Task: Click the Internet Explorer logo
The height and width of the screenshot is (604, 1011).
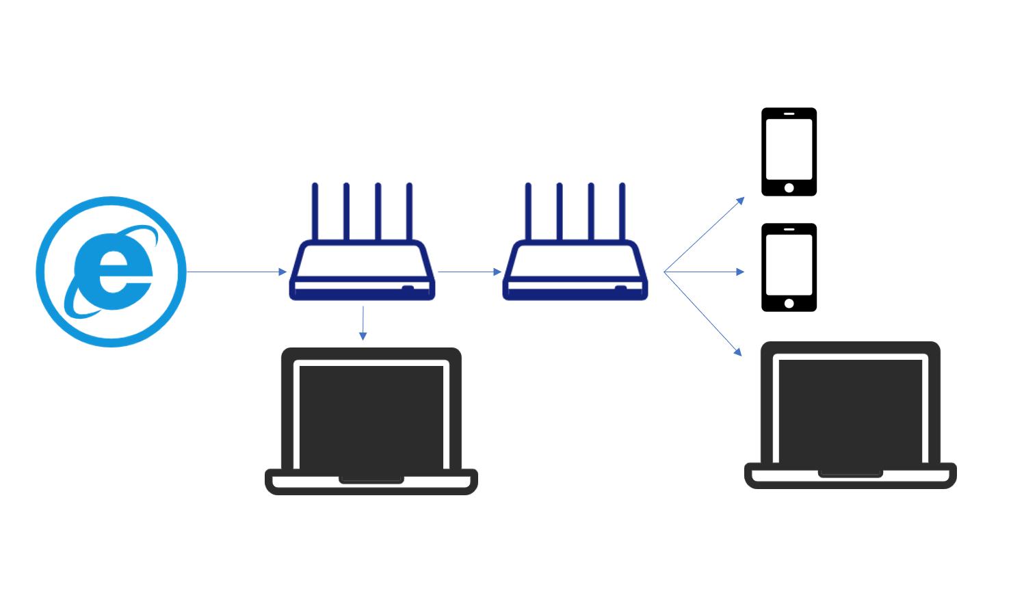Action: click(111, 272)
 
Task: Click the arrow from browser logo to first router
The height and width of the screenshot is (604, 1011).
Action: click(236, 272)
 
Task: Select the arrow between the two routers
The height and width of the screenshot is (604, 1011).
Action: click(469, 272)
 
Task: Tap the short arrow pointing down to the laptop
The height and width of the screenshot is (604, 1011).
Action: click(363, 323)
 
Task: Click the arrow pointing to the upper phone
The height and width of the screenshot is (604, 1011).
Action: click(705, 234)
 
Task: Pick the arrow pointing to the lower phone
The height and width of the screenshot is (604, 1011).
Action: click(705, 272)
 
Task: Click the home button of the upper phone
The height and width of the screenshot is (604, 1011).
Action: click(789, 187)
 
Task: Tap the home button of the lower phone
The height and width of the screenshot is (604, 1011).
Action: click(789, 303)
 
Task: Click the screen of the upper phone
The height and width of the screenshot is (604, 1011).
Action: click(789, 148)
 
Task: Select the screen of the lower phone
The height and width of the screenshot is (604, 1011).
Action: click(789, 264)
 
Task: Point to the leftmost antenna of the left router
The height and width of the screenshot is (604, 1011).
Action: click(315, 212)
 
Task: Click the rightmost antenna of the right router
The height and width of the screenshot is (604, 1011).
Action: click(622, 212)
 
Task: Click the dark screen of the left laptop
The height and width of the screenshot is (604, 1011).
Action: click(371, 417)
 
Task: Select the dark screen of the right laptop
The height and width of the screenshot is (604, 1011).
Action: click(850, 410)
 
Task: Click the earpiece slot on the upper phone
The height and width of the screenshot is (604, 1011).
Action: click(789, 114)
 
